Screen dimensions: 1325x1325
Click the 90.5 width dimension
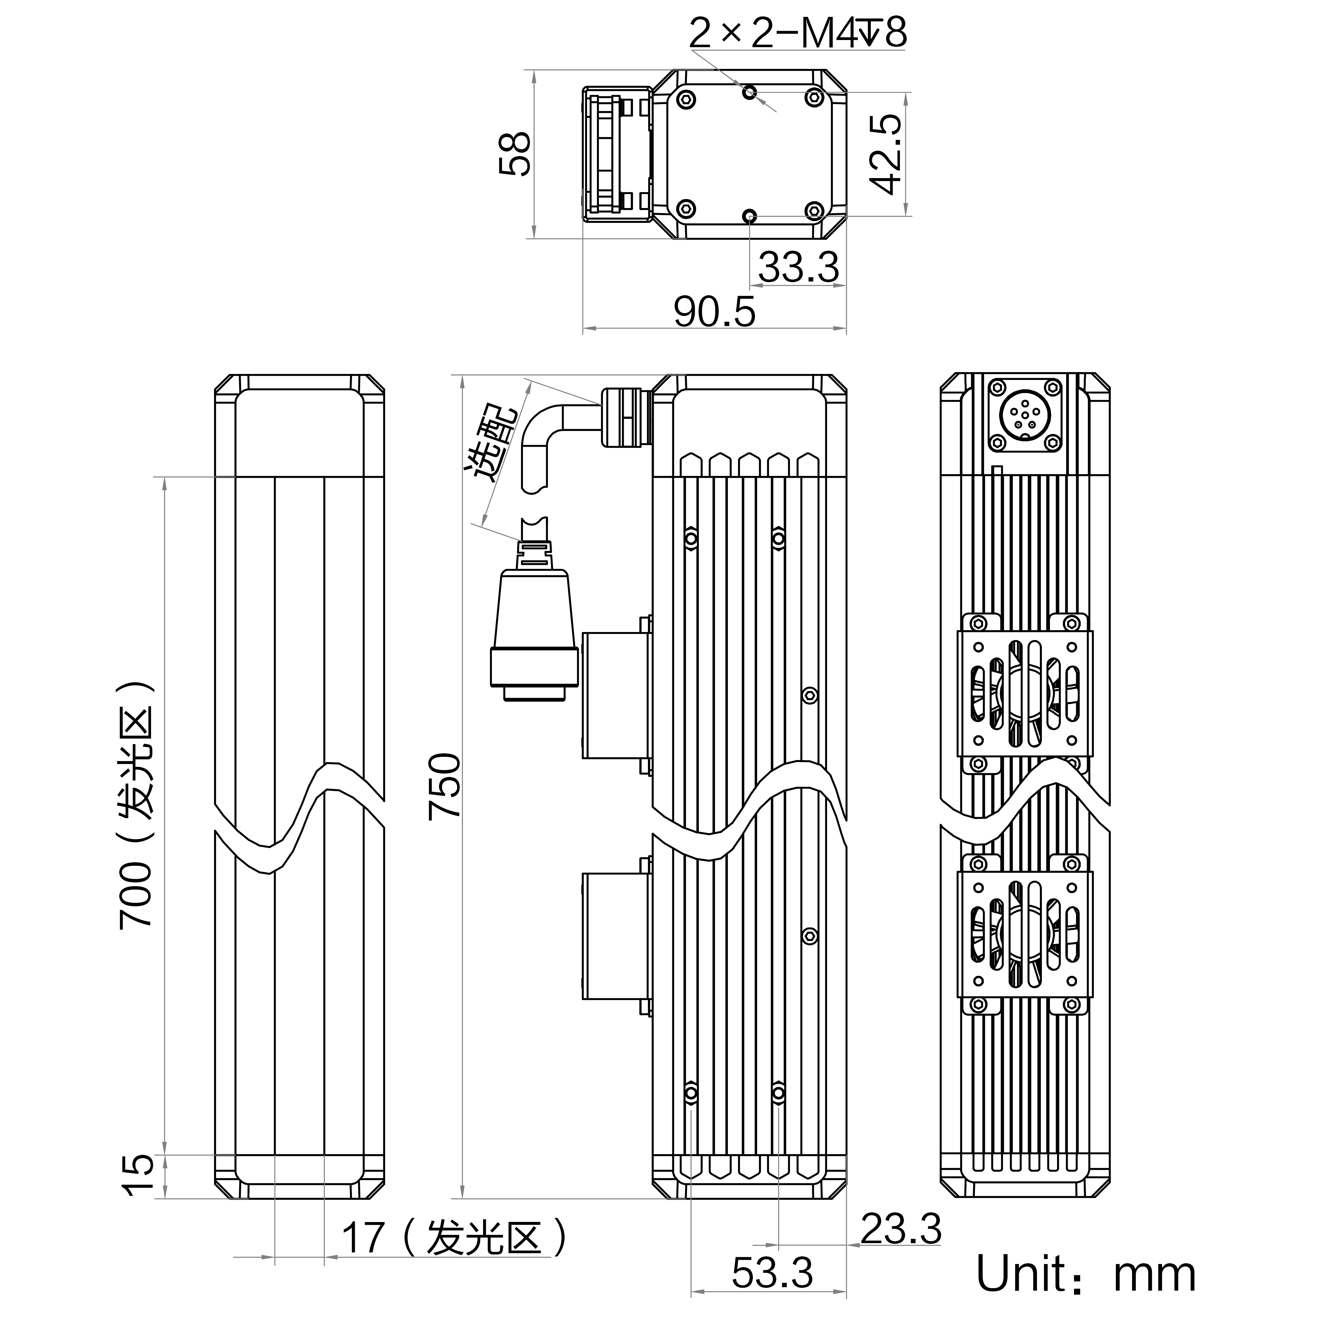pyautogui.click(x=714, y=312)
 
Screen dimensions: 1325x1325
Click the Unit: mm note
pyautogui.click(x=1086, y=1274)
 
